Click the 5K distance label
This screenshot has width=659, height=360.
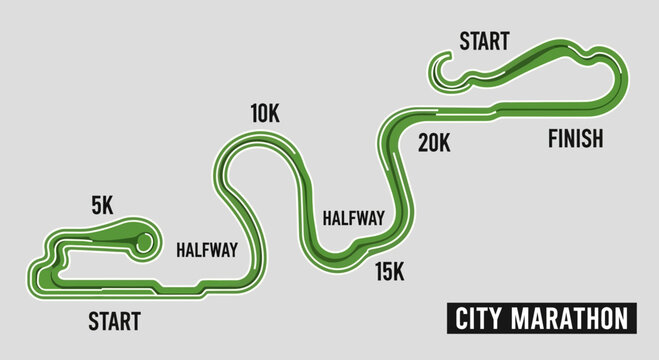click(102, 204)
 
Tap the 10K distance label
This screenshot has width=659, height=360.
click(265, 114)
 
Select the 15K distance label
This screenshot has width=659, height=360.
click(389, 269)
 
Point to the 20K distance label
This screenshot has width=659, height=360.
click(434, 143)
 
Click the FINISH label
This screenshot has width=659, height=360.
click(575, 139)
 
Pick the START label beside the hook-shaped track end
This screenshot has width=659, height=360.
click(484, 41)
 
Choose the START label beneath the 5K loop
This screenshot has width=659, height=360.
click(114, 322)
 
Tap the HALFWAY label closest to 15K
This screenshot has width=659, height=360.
click(354, 217)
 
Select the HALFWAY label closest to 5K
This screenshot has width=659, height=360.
click(207, 250)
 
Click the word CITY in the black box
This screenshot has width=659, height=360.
click(478, 319)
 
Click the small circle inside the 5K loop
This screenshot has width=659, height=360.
click(143, 241)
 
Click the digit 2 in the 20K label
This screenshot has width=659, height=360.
click(424, 143)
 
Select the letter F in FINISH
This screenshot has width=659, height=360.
click(552, 139)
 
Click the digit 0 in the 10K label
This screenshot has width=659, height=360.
click(263, 114)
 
